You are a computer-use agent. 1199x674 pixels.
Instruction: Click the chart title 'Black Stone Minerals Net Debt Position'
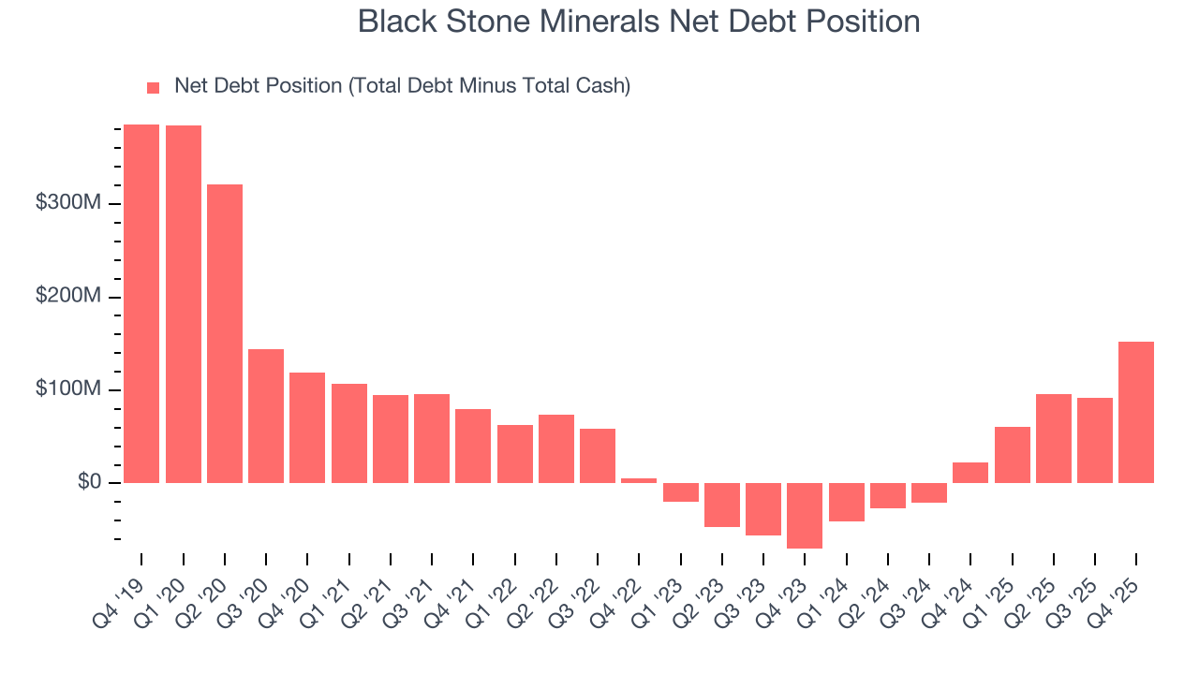point(639,22)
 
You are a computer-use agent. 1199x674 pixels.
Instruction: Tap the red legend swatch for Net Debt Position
point(154,88)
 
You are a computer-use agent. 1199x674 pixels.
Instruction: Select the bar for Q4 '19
point(141,303)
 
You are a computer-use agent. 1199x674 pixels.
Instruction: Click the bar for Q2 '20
point(225,333)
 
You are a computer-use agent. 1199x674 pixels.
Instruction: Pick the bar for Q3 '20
point(266,416)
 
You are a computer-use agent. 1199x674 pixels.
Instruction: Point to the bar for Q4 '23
point(805,516)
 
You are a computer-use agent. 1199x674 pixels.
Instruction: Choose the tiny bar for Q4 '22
point(639,480)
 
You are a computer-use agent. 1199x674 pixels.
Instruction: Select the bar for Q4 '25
point(1136,412)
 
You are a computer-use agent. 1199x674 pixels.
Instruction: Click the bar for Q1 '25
point(1012,455)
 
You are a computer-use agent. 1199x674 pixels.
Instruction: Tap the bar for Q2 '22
point(556,448)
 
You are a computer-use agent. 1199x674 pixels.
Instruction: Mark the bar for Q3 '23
point(763,509)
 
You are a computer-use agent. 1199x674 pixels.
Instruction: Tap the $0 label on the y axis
point(90,482)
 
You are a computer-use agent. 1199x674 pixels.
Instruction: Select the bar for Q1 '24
point(847,502)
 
